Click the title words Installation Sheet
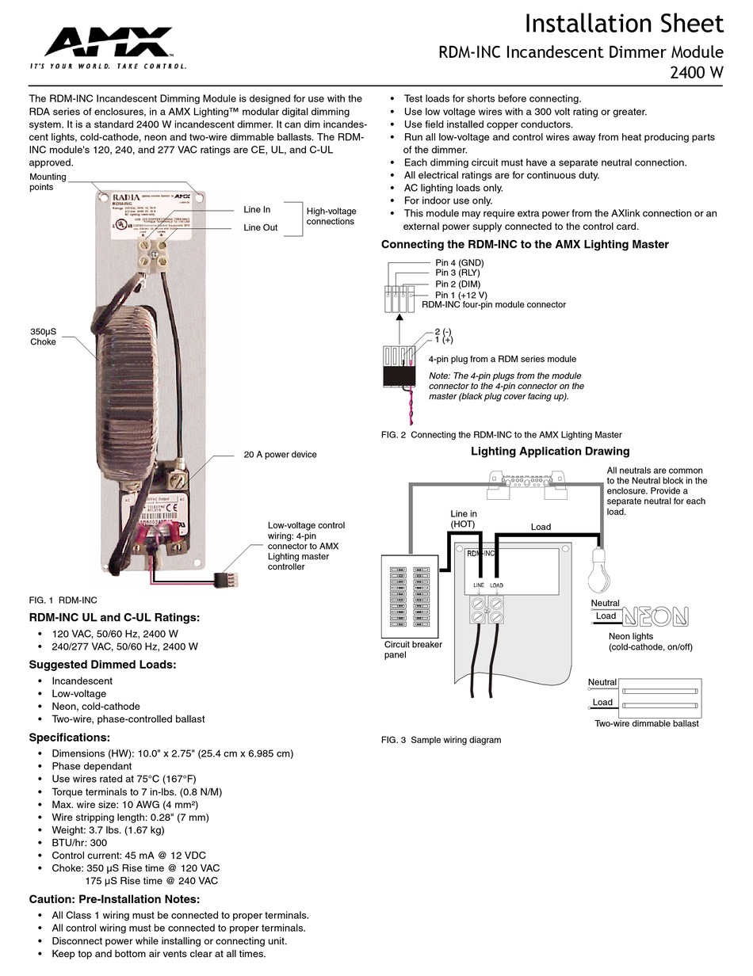[624, 24]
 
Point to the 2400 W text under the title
[697, 74]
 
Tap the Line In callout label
[257, 210]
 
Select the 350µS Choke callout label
[44, 337]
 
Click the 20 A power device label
[280, 455]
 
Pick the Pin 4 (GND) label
[459, 263]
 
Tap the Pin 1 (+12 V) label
[461, 295]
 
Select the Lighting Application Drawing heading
[550, 452]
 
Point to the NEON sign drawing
[655, 616]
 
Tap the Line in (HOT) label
[464, 519]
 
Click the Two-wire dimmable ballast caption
[647, 723]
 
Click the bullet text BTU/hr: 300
[79, 843]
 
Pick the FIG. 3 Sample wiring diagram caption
[441, 740]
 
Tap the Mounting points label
[48, 182]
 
